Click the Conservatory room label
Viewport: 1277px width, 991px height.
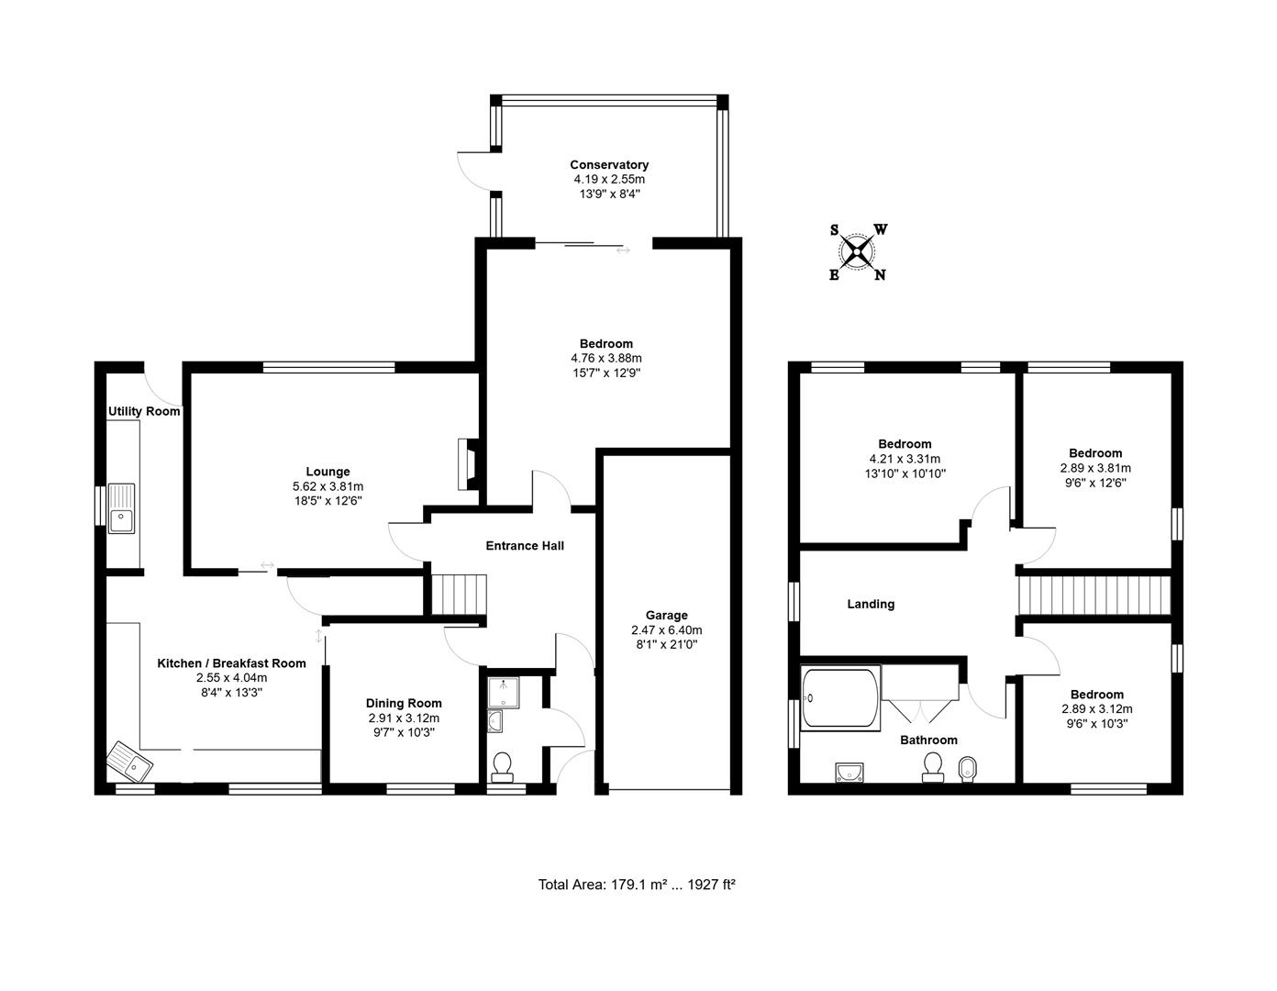point(609,164)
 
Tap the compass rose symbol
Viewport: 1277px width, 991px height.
point(858,252)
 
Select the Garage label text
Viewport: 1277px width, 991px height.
point(666,615)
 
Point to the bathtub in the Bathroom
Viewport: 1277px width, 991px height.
point(840,697)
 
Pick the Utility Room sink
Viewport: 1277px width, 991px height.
point(122,507)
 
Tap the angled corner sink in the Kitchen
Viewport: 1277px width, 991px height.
point(130,762)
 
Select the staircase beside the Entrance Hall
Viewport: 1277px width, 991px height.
point(459,595)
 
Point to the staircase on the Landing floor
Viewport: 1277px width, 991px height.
point(1094,596)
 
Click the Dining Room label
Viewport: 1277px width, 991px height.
point(404,703)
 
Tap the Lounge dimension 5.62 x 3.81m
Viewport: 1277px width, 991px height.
point(328,486)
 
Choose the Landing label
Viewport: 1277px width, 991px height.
point(871,604)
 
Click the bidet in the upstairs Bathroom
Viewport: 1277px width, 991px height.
point(967,769)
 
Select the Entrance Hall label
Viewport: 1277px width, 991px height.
point(525,545)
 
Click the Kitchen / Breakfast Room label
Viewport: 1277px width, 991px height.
point(231,663)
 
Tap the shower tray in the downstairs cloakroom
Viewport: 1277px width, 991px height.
point(504,693)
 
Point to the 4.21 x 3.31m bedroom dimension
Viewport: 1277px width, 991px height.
point(905,459)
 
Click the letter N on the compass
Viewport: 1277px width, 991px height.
point(880,275)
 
